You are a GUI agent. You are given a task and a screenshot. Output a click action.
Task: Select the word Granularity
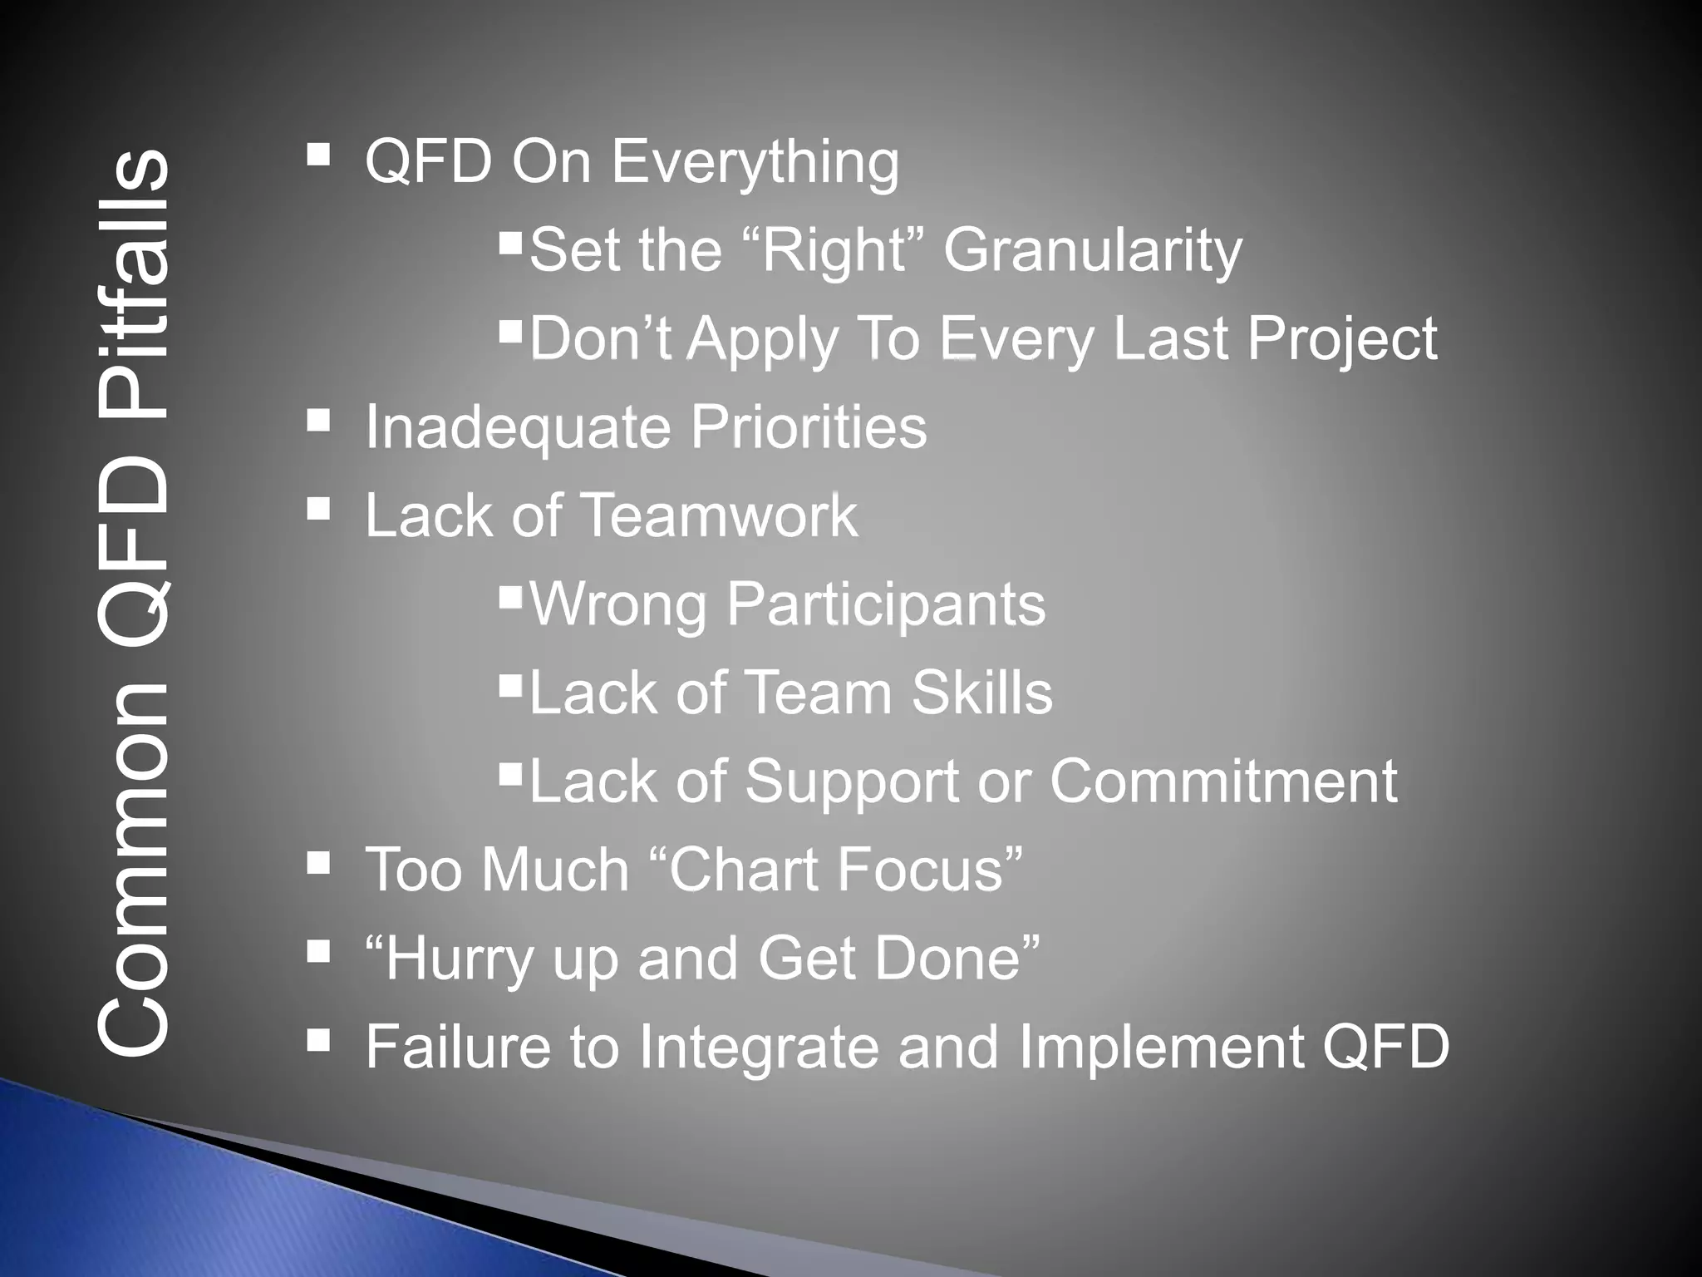pyautogui.click(x=1092, y=250)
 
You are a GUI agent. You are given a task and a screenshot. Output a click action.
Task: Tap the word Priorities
pyautogui.click(x=808, y=426)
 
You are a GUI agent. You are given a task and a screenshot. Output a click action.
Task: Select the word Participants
pyautogui.click(x=886, y=604)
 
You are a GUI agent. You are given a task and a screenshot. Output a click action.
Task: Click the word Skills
pyautogui.click(x=981, y=693)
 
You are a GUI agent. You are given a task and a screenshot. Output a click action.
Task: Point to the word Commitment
pyautogui.click(x=1222, y=781)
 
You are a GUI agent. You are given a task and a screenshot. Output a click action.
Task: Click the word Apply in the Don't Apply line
pyautogui.click(x=762, y=340)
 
